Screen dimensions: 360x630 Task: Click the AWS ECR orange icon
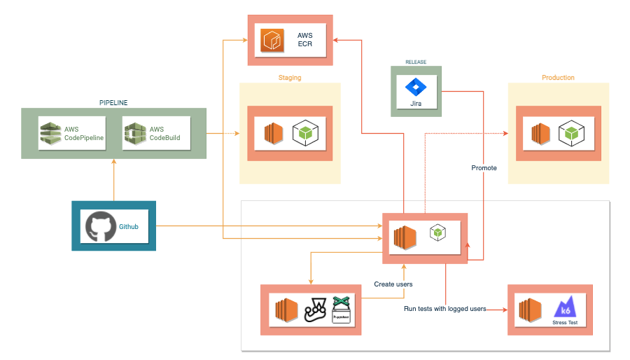[x=271, y=41]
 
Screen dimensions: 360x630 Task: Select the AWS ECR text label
[x=304, y=39]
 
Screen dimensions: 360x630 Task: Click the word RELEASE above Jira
[x=416, y=62]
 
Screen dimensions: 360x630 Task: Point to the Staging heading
[x=290, y=78]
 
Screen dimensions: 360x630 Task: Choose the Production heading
[x=558, y=78]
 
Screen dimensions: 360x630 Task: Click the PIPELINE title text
[x=113, y=103]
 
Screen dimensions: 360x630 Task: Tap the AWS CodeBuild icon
[x=134, y=133]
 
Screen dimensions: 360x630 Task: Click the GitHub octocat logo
[x=99, y=226]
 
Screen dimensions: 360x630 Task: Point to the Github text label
[x=129, y=226]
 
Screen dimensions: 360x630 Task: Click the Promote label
[x=484, y=168]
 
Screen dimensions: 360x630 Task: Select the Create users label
[x=393, y=284]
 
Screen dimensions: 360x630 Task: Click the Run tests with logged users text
[x=445, y=309]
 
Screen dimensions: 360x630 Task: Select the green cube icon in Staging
[x=304, y=132]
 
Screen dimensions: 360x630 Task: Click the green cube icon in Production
[x=571, y=132]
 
